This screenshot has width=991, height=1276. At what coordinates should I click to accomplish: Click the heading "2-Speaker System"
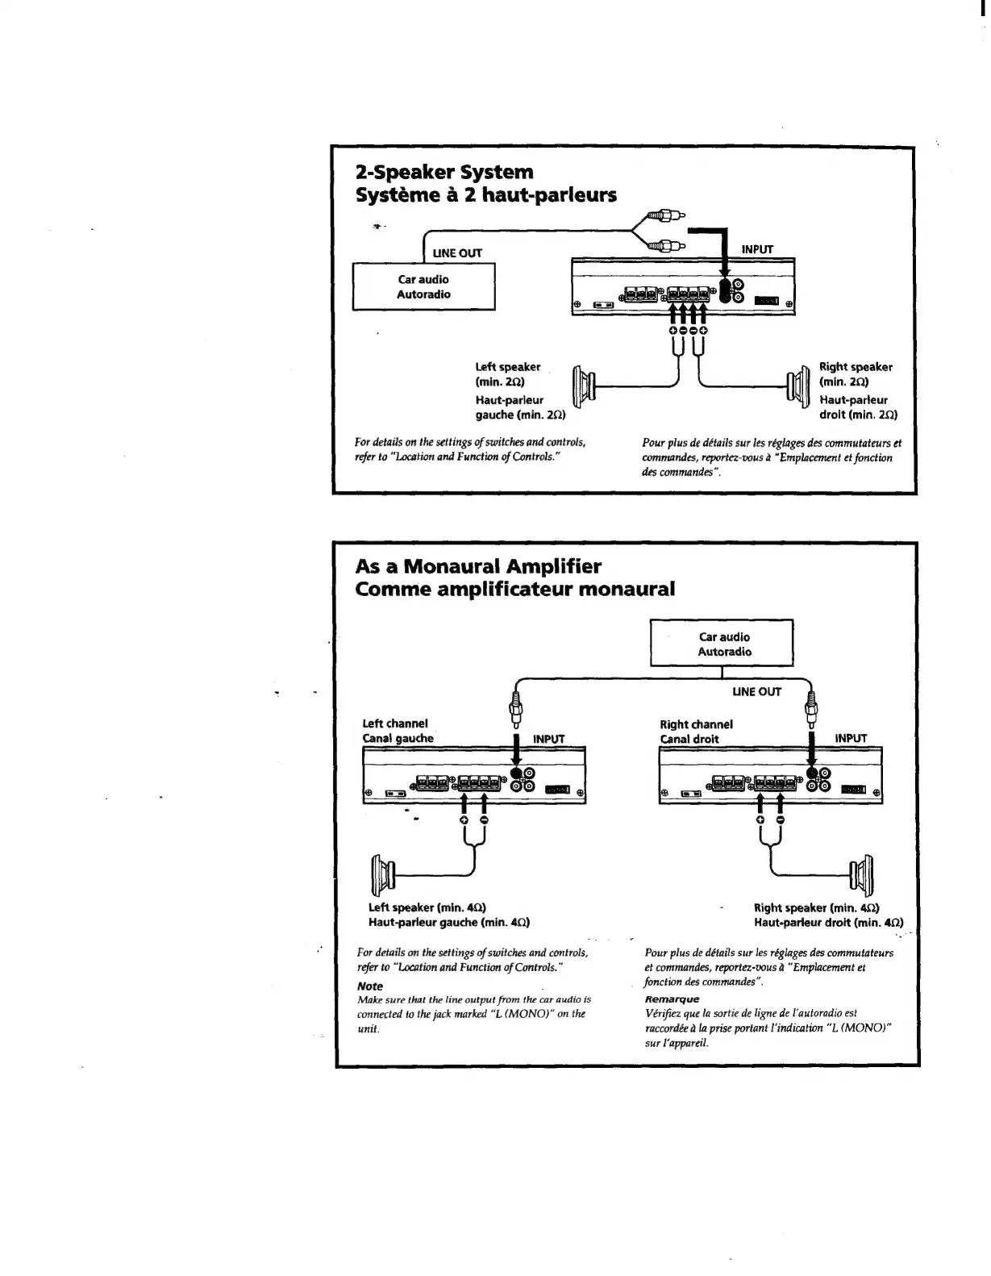pyautogui.click(x=444, y=172)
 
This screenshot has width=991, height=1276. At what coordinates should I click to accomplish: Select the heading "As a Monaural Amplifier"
pyautogui.click(x=478, y=565)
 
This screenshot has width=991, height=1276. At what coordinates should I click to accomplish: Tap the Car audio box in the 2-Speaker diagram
pyautogui.click(x=423, y=287)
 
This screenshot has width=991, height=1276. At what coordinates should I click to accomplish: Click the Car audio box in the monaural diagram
pyautogui.click(x=723, y=644)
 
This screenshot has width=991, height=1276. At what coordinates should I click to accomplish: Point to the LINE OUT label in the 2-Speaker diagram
pyautogui.click(x=457, y=252)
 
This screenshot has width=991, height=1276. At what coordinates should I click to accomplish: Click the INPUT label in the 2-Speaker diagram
pyautogui.click(x=757, y=249)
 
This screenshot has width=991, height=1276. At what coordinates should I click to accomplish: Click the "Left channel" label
pyautogui.click(x=395, y=723)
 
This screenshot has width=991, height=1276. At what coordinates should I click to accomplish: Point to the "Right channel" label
pyautogui.click(x=696, y=724)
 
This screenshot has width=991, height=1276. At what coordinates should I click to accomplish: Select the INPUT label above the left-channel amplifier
pyautogui.click(x=549, y=738)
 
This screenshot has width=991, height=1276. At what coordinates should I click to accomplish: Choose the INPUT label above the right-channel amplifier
pyautogui.click(x=851, y=738)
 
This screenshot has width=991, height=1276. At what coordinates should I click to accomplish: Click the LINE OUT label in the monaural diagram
pyautogui.click(x=756, y=691)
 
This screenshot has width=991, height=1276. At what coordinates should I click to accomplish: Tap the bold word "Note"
pyautogui.click(x=370, y=986)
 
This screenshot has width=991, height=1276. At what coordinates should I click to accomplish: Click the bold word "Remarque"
pyautogui.click(x=672, y=999)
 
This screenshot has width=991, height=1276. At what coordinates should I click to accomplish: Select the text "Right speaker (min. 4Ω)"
pyautogui.click(x=816, y=907)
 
